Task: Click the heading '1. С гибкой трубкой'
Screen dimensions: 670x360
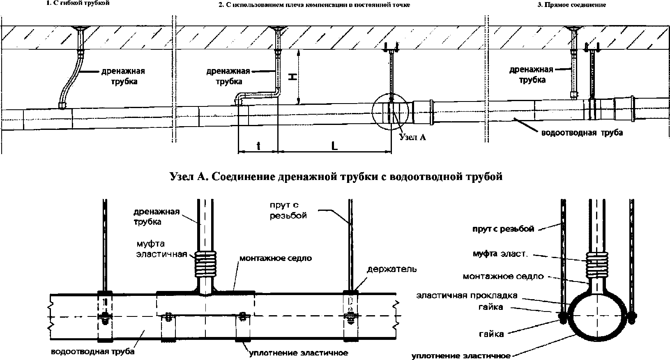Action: point(78,3)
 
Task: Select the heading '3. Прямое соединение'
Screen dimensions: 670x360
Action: point(571,5)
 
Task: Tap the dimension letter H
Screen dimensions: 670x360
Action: point(292,77)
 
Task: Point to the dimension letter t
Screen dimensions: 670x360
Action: point(258,146)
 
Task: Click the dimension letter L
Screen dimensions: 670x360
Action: point(334,146)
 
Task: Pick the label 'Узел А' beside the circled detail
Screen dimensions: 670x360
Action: point(412,137)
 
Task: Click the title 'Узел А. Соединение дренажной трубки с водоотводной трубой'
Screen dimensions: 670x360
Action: point(336,177)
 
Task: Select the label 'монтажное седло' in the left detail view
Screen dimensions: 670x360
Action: point(276,258)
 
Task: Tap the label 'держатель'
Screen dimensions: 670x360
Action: point(391,269)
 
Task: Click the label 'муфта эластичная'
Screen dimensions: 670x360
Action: point(161,249)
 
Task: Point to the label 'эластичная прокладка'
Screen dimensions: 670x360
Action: point(467,295)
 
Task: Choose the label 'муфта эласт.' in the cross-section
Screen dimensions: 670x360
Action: point(500,254)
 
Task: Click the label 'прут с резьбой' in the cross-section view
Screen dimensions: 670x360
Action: point(503,229)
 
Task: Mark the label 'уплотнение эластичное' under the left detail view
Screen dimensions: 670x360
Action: point(299,353)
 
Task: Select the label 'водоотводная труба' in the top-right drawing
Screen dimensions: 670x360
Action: point(582,133)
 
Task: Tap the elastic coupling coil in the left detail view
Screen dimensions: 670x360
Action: point(205,264)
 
